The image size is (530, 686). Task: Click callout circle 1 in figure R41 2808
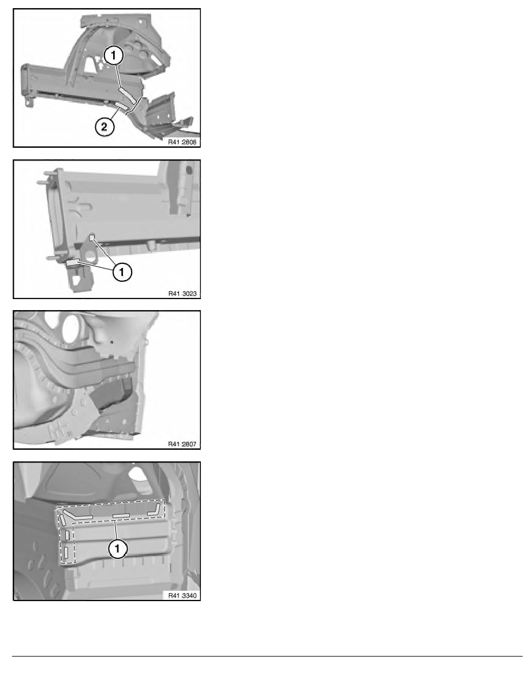tap(114, 55)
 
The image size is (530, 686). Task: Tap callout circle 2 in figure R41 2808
tap(104, 127)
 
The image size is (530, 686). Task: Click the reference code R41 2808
tap(182, 141)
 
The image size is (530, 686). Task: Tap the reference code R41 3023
tap(182, 293)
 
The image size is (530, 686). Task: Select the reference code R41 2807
tap(182, 444)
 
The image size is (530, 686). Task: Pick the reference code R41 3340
tap(182, 595)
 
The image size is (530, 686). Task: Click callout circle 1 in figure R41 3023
tap(122, 272)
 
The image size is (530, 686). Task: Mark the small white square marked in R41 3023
tap(92, 238)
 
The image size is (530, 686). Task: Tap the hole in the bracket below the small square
tap(91, 255)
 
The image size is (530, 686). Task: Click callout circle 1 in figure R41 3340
tap(117, 548)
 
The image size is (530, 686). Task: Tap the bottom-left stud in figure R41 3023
tap(53, 258)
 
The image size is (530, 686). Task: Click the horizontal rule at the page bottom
tap(267, 656)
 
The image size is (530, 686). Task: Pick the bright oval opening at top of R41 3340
tap(138, 475)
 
